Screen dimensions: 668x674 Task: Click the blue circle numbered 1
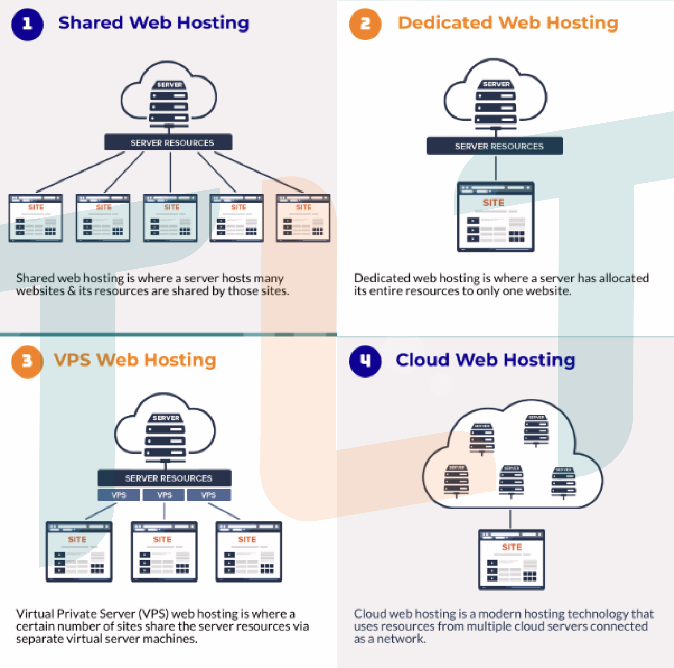tap(27, 24)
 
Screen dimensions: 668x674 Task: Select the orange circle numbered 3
tap(27, 361)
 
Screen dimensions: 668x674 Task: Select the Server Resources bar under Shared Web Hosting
tap(168, 143)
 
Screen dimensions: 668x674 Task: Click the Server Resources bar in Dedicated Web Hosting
tap(495, 146)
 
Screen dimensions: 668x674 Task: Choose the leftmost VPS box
tap(119, 495)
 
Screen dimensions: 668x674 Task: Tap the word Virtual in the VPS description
tap(35, 613)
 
